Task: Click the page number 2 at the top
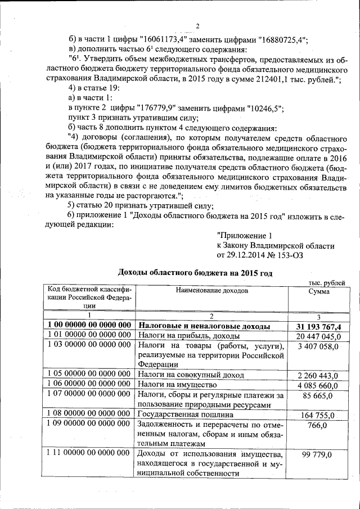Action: pos(198,26)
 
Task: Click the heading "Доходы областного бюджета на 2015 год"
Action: pos(195,273)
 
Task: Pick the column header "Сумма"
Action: pos(319,291)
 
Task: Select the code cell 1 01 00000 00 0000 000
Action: pos(89,336)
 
